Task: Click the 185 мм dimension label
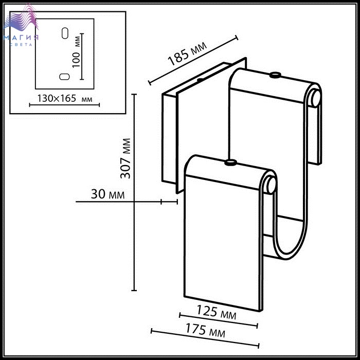point(187,53)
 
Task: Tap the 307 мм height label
point(125,158)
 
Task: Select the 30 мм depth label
point(107,194)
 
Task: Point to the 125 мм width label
point(217,312)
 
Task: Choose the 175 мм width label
point(205,330)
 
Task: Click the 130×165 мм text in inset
point(64,99)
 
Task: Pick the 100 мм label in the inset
point(76,52)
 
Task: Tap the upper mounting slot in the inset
point(65,33)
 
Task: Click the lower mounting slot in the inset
point(64,77)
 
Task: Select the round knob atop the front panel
point(230,163)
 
